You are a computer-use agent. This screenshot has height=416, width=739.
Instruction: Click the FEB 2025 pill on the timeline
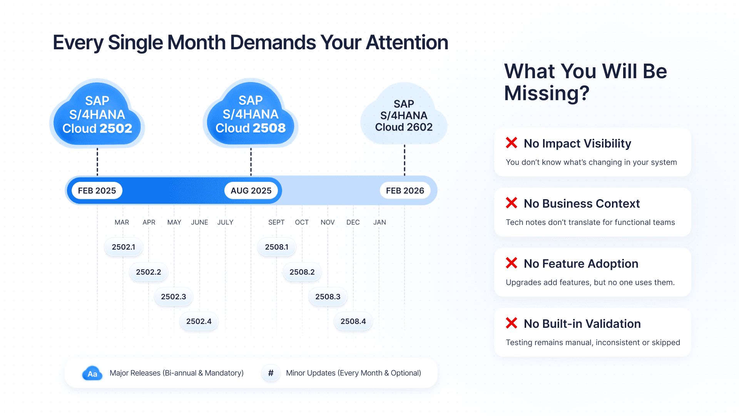tap(97, 191)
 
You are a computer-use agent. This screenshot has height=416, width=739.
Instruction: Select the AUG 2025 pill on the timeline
tap(251, 191)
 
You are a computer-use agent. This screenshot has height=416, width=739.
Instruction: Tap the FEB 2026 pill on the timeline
tap(405, 191)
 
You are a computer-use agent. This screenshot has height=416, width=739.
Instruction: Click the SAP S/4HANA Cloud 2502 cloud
tap(97, 115)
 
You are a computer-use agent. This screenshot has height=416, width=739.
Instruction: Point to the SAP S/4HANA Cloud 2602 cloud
tap(404, 116)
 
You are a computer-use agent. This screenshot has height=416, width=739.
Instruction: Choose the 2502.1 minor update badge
tap(124, 247)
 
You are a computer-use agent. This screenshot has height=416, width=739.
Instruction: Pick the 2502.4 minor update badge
tap(199, 321)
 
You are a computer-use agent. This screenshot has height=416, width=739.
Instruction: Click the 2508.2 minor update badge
tap(302, 272)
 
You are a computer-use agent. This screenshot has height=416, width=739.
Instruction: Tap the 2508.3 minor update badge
tap(328, 297)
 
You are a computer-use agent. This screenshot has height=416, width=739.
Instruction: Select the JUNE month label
tap(199, 222)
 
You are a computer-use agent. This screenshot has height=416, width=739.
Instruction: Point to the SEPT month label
tap(276, 222)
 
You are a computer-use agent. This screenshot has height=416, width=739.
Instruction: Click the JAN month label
tap(380, 222)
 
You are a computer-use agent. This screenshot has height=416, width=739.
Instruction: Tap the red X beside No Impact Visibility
tap(512, 143)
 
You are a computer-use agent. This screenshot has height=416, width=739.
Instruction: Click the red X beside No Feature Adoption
tap(512, 263)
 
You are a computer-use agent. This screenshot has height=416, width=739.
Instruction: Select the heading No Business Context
tap(582, 203)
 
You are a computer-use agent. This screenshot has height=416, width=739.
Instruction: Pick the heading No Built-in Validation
tap(582, 324)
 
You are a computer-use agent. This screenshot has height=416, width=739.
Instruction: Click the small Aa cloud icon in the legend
tap(92, 373)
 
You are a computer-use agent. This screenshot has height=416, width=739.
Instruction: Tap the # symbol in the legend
tap(271, 373)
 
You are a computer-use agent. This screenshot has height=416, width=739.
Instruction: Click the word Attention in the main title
tap(407, 42)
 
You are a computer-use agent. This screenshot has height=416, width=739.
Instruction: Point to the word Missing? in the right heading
tap(547, 93)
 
